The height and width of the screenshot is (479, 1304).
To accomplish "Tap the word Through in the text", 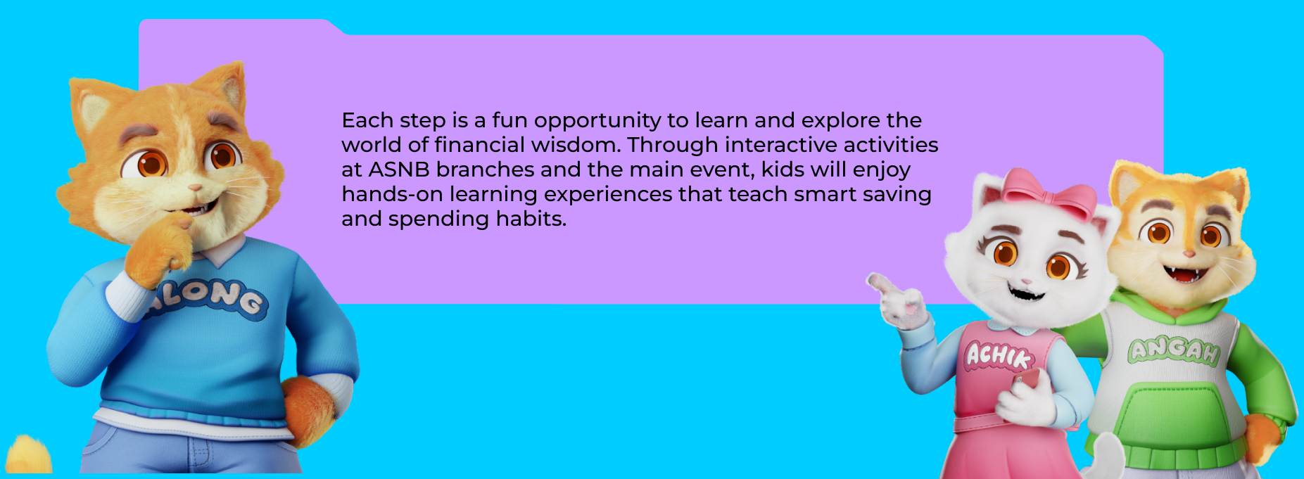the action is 673,145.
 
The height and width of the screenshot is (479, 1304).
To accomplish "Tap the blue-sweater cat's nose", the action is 194,188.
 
